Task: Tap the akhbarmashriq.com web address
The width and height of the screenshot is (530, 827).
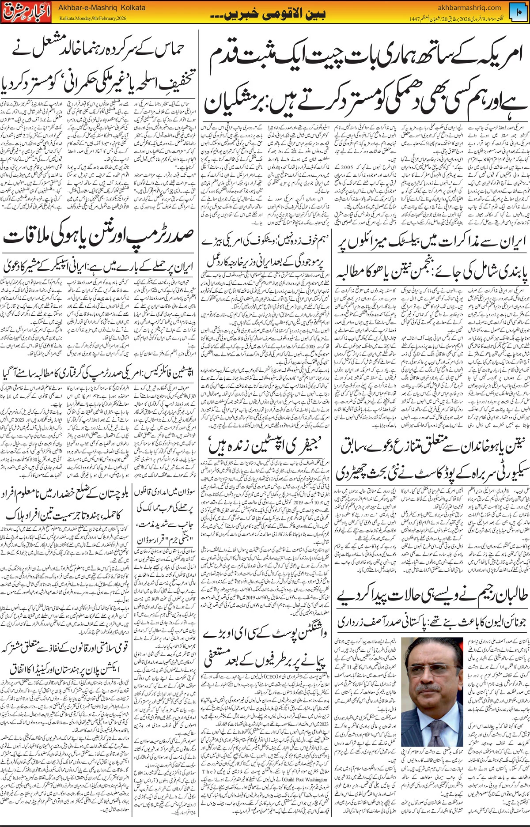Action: click(469, 7)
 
